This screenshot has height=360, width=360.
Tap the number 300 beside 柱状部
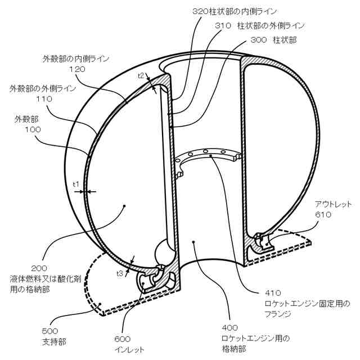258,40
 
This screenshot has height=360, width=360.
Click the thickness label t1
76,184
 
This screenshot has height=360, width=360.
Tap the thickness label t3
120,273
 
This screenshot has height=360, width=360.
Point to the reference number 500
50,331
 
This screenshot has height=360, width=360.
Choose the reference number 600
122,339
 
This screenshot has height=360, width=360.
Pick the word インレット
130,349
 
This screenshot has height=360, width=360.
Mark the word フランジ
280,313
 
